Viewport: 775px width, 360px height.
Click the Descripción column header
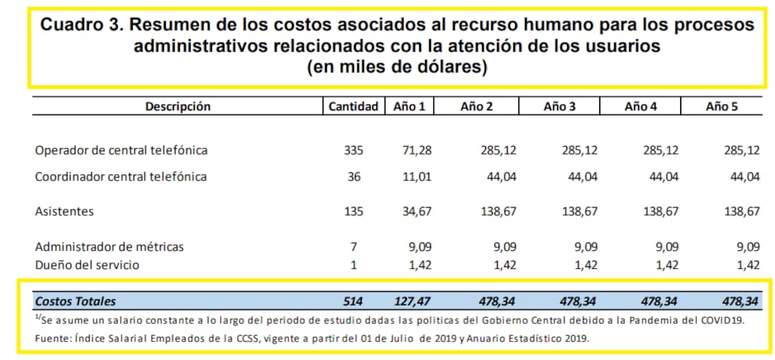[177, 106]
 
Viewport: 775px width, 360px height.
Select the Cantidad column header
[353, 106]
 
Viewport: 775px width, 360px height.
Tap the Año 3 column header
[560, 106]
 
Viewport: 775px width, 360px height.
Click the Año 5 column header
[721, 106]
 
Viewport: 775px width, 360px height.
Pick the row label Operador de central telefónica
[121, 150]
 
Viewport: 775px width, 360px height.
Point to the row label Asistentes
[64, 211]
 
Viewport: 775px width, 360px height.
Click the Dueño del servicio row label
[87, 264]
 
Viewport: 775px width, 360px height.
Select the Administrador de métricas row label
[109, 246]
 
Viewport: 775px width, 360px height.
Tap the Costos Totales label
[75, 301]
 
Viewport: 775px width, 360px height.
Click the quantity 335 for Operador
[353, 150]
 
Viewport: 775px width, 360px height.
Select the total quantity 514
[353, 301]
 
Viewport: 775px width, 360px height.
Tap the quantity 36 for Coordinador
[356, 176]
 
